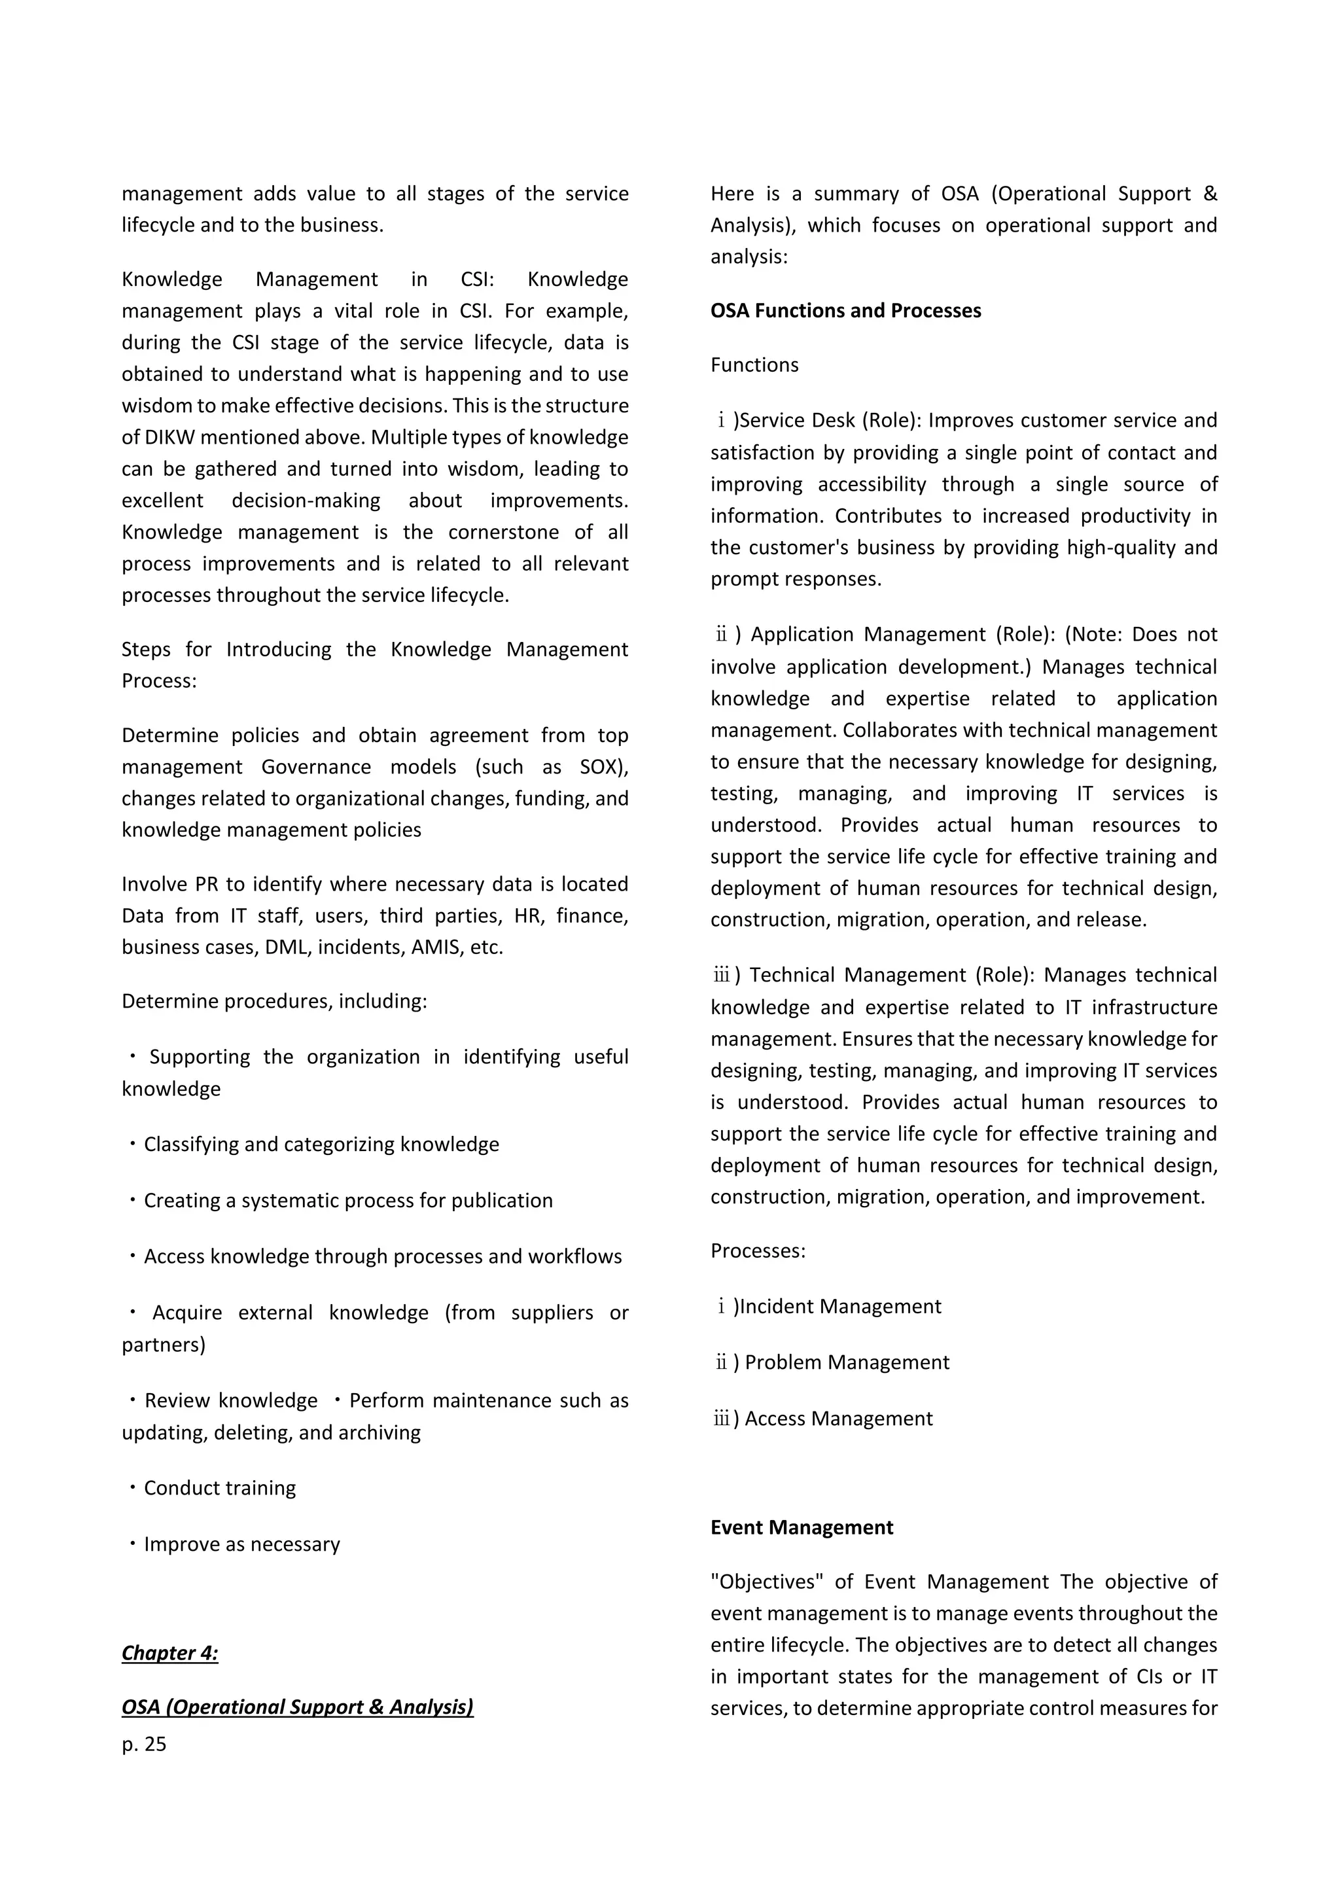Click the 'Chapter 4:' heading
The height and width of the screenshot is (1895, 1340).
(x=170, y=1653)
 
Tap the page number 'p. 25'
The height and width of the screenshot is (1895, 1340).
(x=145, y=1744)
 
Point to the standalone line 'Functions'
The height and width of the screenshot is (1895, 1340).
(x=754, y=365)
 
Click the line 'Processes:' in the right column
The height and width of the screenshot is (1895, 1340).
(x=758, y=1251)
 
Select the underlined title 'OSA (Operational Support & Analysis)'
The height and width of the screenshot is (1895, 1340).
(x=297, y=1707)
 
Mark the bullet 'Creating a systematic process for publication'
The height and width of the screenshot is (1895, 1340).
(x=347, y=1201)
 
